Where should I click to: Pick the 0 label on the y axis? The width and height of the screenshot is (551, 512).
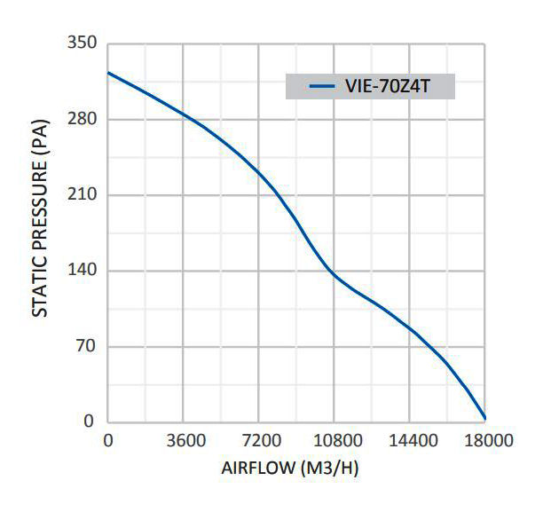coord(90,421)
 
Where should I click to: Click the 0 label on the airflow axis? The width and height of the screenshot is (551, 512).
coord(108,440)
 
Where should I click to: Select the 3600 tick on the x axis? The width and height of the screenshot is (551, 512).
coord(183,440)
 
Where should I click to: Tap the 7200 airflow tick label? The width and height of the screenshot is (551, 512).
coord(258,440)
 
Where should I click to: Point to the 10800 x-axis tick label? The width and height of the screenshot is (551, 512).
coord(334,440)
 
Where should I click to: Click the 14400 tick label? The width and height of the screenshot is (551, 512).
coord(409,440)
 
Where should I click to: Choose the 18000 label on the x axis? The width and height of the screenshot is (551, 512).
coord(484,440)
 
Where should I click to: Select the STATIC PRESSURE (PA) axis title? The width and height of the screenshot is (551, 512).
coord(40,232)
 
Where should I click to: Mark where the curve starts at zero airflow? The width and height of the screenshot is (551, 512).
coord(108,73)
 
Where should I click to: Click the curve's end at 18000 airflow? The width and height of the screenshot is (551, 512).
coord(484,418)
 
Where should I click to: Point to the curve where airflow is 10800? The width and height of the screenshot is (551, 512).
coord(334,272)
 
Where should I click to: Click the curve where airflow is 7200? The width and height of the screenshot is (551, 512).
coord(258,171)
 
